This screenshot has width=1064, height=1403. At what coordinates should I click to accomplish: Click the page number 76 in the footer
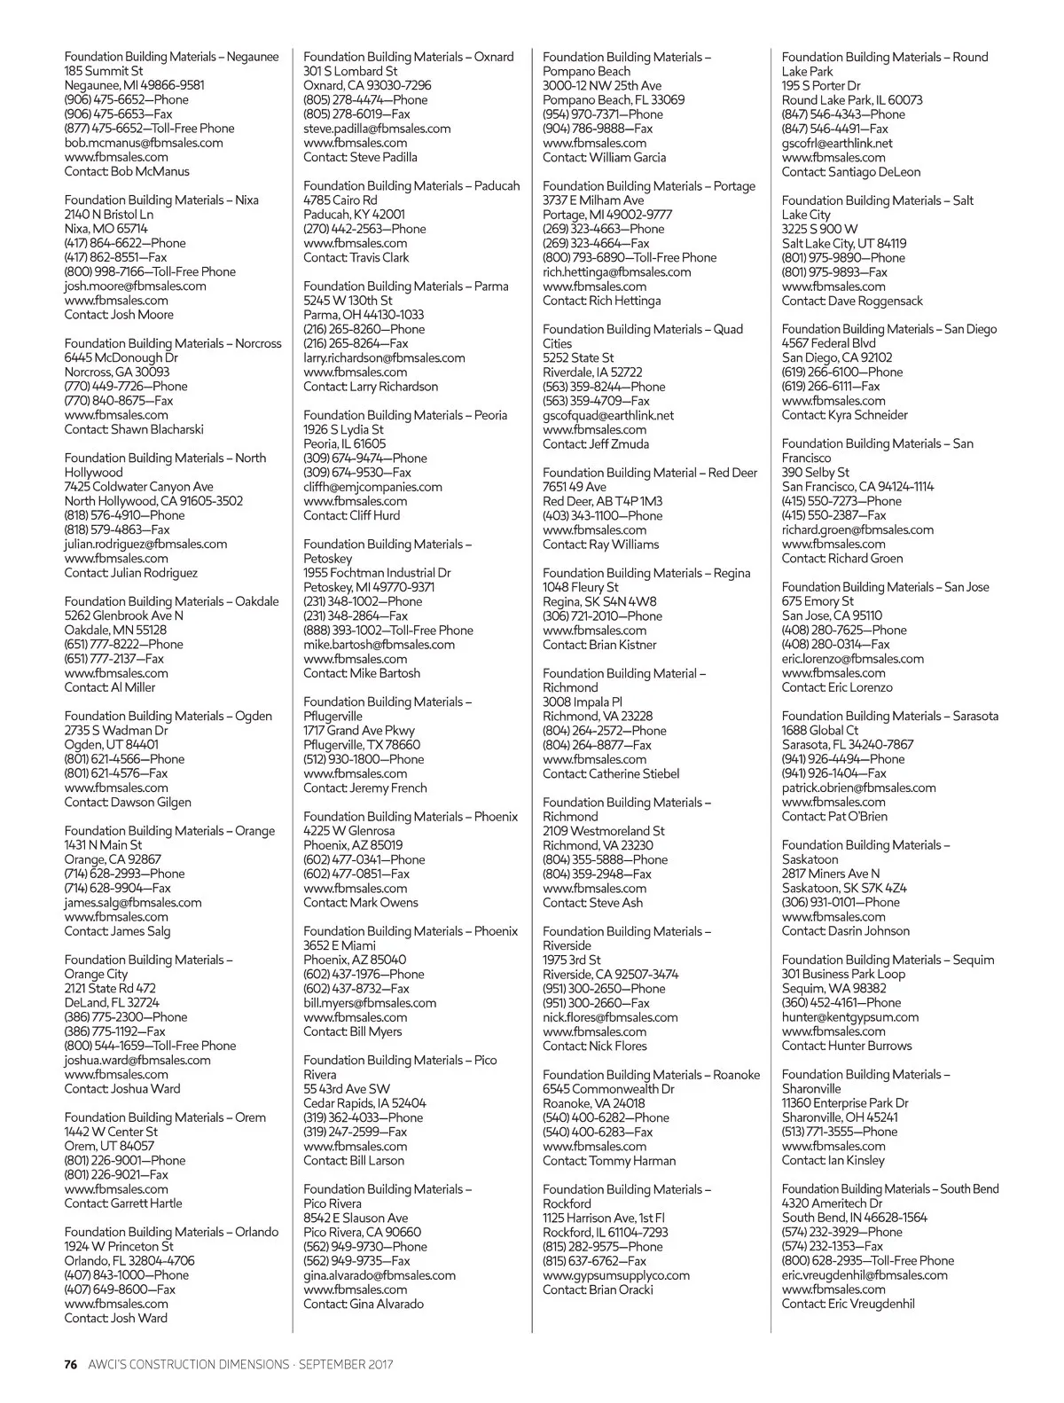(x=71, y=1364)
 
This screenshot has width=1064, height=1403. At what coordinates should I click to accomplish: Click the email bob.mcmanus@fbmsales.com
(x=144, y=143)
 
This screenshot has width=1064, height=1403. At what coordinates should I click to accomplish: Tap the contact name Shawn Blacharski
(x=157, y=429)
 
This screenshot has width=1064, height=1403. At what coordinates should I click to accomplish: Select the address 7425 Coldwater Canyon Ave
(x=138, y=487)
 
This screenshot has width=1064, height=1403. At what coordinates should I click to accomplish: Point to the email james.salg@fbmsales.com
(x=133, y=903)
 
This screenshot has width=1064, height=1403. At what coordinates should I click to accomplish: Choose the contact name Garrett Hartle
(x=146, y=1203)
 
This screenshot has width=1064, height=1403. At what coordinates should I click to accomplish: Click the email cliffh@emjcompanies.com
(x=372, y=487)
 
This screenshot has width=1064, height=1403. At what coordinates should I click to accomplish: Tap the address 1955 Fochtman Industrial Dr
(x=377, y=573)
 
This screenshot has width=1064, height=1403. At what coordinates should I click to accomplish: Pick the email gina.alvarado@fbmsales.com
(x=379, y=1275)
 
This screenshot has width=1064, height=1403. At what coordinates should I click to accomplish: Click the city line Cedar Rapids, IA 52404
(x=364, y=1103)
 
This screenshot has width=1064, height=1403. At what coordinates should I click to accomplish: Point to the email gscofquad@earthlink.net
(x=608, y=415)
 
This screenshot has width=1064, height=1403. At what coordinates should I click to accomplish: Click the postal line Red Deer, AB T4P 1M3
(x=603, y=501)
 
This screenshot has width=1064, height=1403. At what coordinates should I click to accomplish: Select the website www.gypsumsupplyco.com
(x=616, y=1275)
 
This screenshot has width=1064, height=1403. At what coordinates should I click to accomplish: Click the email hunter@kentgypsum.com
(x=850, y=1017)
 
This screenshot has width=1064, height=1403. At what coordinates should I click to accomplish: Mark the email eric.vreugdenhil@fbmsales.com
(x=864, y=1275)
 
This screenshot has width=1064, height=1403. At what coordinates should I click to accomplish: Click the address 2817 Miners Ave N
(x=831, y=874)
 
